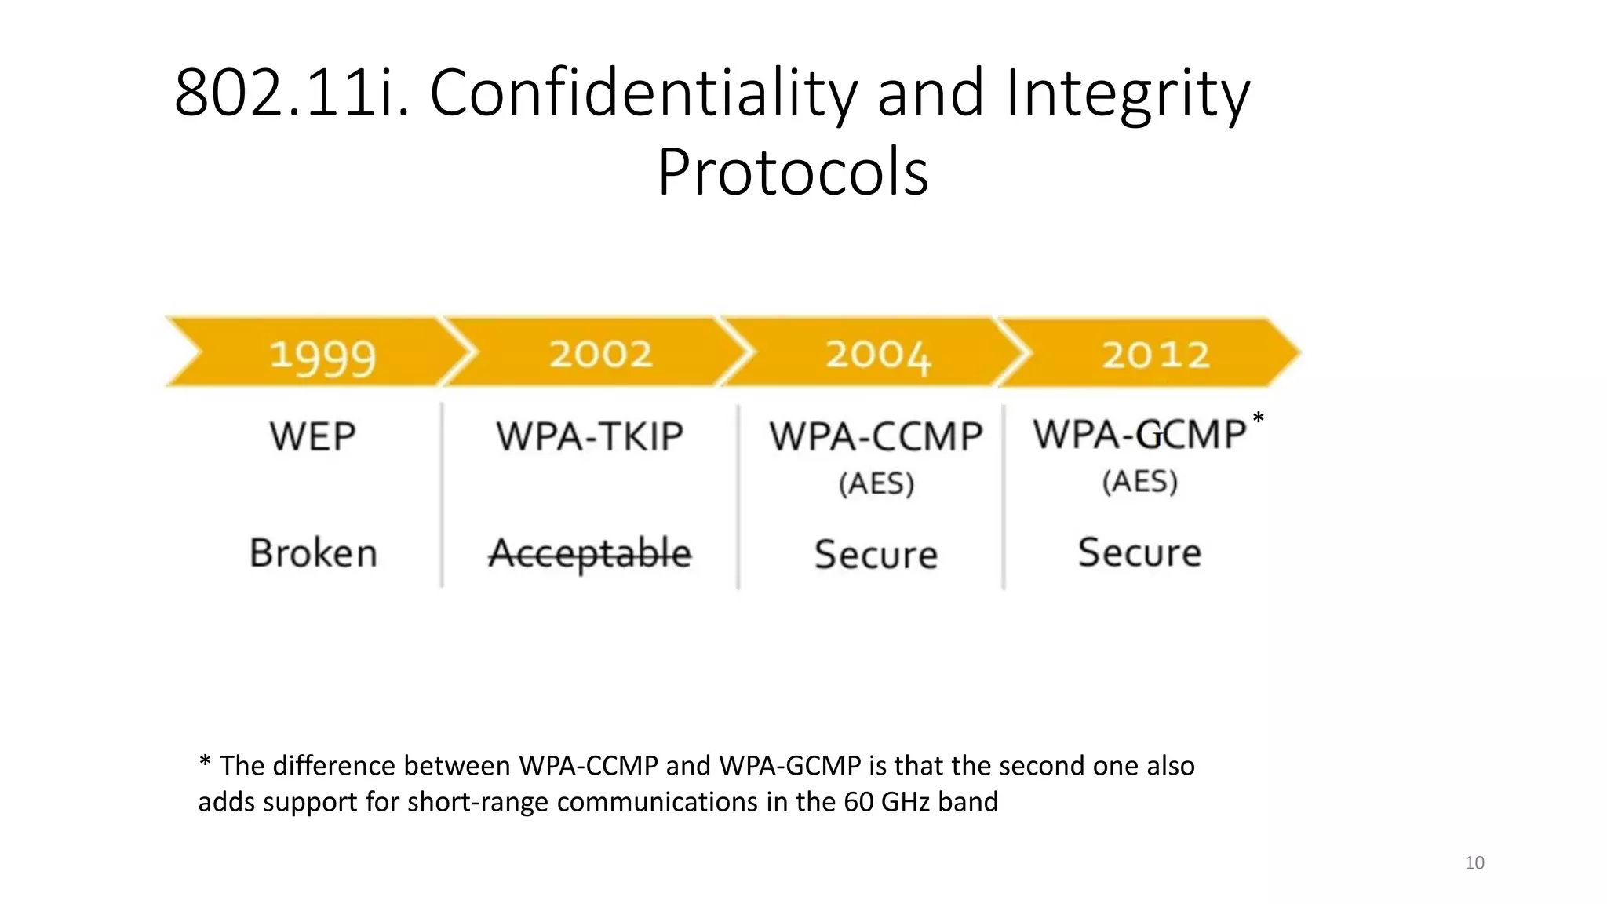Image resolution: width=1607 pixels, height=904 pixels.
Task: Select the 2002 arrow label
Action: (601, 354)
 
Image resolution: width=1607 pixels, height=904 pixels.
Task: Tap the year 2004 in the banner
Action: (878, 355)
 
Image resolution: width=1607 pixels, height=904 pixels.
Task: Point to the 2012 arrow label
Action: (1156, 355)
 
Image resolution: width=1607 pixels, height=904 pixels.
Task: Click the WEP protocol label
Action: (312, 436)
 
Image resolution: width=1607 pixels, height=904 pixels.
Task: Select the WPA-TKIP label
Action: (589, 436)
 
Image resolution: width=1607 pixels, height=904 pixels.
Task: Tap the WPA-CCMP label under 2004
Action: (876, 436)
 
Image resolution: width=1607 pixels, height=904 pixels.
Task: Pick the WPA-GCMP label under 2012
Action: (1139, 434)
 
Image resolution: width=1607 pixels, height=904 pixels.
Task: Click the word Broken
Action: (313, 552)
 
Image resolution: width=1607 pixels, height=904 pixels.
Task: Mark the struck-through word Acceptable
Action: (590, 553)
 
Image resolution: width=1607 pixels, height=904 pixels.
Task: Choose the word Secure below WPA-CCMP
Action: (876, 554)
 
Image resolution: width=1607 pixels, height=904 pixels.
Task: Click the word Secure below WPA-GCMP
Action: (1139, 552)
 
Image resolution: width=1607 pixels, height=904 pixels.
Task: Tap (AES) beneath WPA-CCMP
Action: (876, 483)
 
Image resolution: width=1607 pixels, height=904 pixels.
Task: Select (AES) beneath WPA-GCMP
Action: (1139, 481)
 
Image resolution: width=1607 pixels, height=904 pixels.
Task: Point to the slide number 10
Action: (1474, 862)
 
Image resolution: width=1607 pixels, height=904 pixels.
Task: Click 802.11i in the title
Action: (290, 93)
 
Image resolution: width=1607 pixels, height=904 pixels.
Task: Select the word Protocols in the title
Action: (793, 172)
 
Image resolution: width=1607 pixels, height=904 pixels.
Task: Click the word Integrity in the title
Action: (1127, 93)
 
